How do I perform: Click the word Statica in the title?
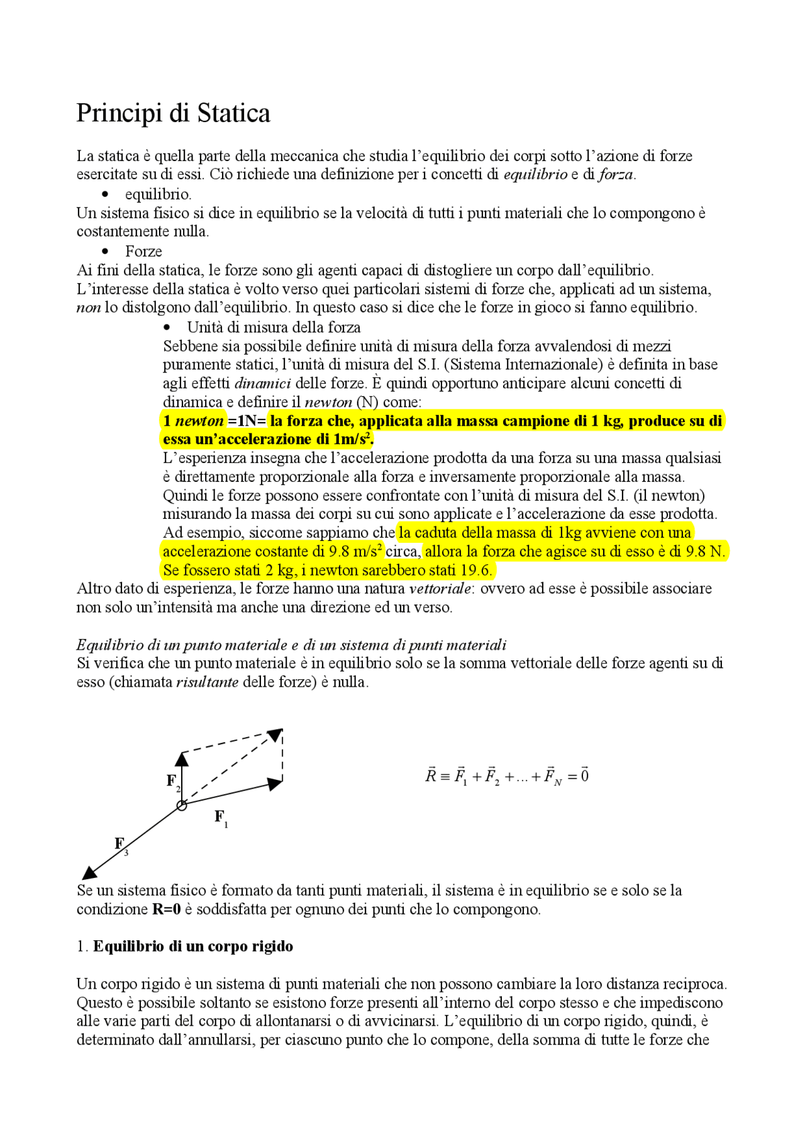[234, 113]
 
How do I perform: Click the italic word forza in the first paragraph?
[616, 174]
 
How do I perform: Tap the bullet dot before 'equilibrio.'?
[105, 194]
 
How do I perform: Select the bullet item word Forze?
[143, 252]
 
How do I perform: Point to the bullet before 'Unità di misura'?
[167, 327]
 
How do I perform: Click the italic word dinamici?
[262, 383]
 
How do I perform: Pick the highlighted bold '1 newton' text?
[193, 421]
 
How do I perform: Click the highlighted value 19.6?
[475, 570]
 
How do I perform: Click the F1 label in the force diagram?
[221, 818]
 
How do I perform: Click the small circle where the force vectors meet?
[182, 805]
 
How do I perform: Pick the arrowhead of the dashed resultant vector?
[275, 735]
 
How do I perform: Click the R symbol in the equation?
[431, 776]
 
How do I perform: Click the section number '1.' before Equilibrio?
[82, 947]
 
